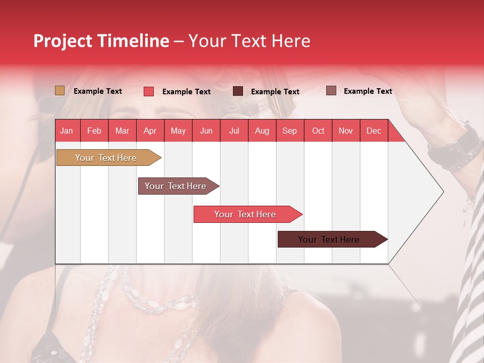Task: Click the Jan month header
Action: (x=67, y=131)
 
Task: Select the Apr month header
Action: (x=150, y=131)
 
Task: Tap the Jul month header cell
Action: (x=234, y=131)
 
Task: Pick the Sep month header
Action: (x=289, y=131)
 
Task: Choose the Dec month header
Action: (x=374, y=131)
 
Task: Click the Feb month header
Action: (x=94, y=131)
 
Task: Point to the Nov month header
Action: (x=345, y=131)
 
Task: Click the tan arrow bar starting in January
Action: (x=106, y=158)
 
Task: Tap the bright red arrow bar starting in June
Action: (x=246, y=214)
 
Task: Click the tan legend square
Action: (x=59, y=91)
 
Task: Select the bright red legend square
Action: (x=148, y=91)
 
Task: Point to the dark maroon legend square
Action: (x=238, y=91)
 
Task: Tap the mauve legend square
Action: (x=331, y=91)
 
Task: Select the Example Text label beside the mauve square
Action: (x=368, y=91)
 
